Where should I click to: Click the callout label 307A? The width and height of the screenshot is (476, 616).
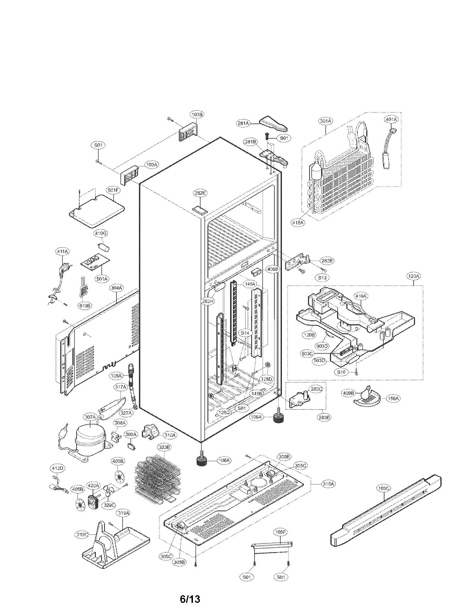click(x=90, y=417)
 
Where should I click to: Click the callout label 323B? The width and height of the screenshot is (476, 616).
click(x=164, y=448)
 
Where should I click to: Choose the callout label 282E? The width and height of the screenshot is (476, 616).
click(x=200, y=193)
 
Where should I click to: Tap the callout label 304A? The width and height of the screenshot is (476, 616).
click(x=116, y=288)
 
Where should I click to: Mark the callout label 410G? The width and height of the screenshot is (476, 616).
click(x=101, y=234)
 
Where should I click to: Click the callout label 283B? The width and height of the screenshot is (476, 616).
click(x=324, y=418)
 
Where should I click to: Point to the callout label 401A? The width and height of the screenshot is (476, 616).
click(x=391, y=120)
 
